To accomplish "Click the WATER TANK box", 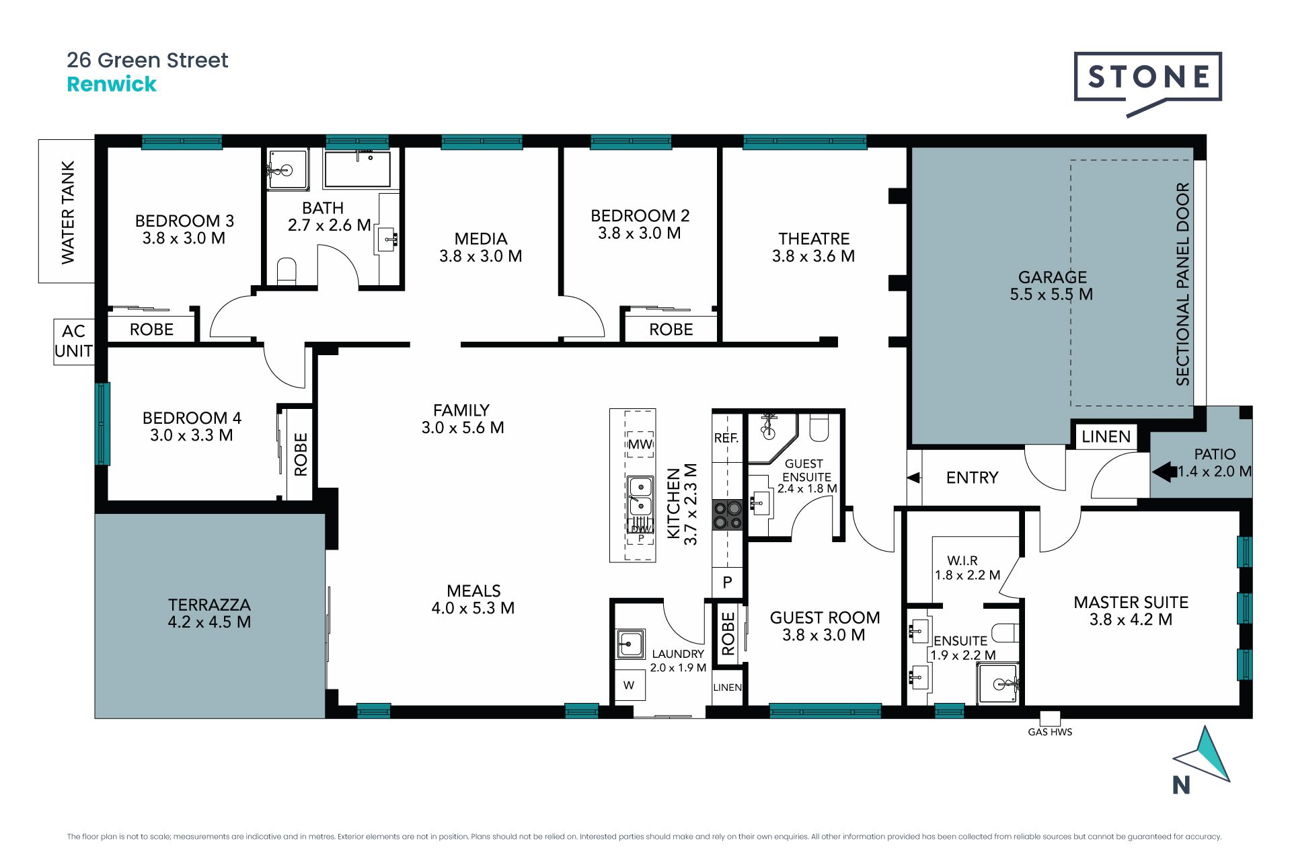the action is [x=67, y=211].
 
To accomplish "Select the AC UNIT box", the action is [x=73, y=341].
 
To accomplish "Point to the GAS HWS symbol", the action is [x=1049, y=718].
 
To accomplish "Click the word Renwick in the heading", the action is [x=112, y=84].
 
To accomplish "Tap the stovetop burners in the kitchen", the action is [x=727, y=515].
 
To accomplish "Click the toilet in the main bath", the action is [x=287, y=270].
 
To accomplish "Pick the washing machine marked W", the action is [x=629, y=685].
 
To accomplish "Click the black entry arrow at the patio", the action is [x=1164, y=472].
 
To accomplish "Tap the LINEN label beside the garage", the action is [x=1106, y=437].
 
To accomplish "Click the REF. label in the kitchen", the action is [x=726, y=438].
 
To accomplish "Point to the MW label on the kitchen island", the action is [x=640, y=444].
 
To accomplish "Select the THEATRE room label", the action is [x=814, y=239].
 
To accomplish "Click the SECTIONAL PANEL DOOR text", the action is [x=1182, y=284].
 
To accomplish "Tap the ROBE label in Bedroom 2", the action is [x=671, y=330].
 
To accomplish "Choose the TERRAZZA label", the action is [x=209, y=605].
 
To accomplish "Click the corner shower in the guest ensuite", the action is [x=773, y=437].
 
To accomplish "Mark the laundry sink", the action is [x=630, y=644].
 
